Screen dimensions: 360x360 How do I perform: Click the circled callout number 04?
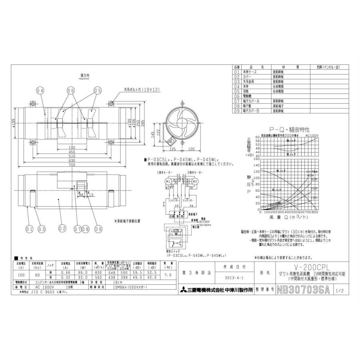pos(40,91)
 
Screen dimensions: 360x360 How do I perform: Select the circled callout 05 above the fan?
pos(97,91)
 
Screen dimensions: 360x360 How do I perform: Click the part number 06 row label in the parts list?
pos(236,96)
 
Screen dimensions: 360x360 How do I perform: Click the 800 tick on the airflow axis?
pos(315,212)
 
